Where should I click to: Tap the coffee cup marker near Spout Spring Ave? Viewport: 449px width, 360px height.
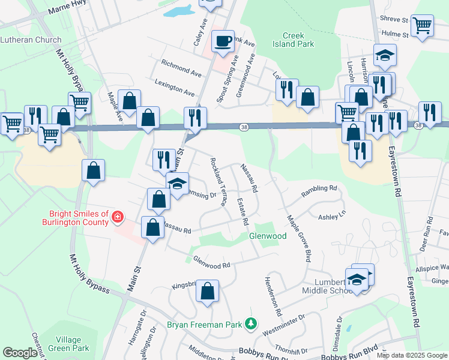223,41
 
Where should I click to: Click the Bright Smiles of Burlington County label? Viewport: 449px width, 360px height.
78,218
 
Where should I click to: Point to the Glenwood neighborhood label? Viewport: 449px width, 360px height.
268,236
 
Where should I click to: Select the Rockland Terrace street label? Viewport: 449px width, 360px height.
218,182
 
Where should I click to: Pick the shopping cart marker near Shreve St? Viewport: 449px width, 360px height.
423,26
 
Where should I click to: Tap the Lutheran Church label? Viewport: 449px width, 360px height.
31,40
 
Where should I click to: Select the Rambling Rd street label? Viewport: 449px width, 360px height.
319,188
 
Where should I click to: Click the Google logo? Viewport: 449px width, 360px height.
20,353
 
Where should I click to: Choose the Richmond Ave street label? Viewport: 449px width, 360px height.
181,68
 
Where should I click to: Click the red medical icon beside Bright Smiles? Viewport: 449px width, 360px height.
118,217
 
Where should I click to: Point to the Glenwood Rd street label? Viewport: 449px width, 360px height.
212,262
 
